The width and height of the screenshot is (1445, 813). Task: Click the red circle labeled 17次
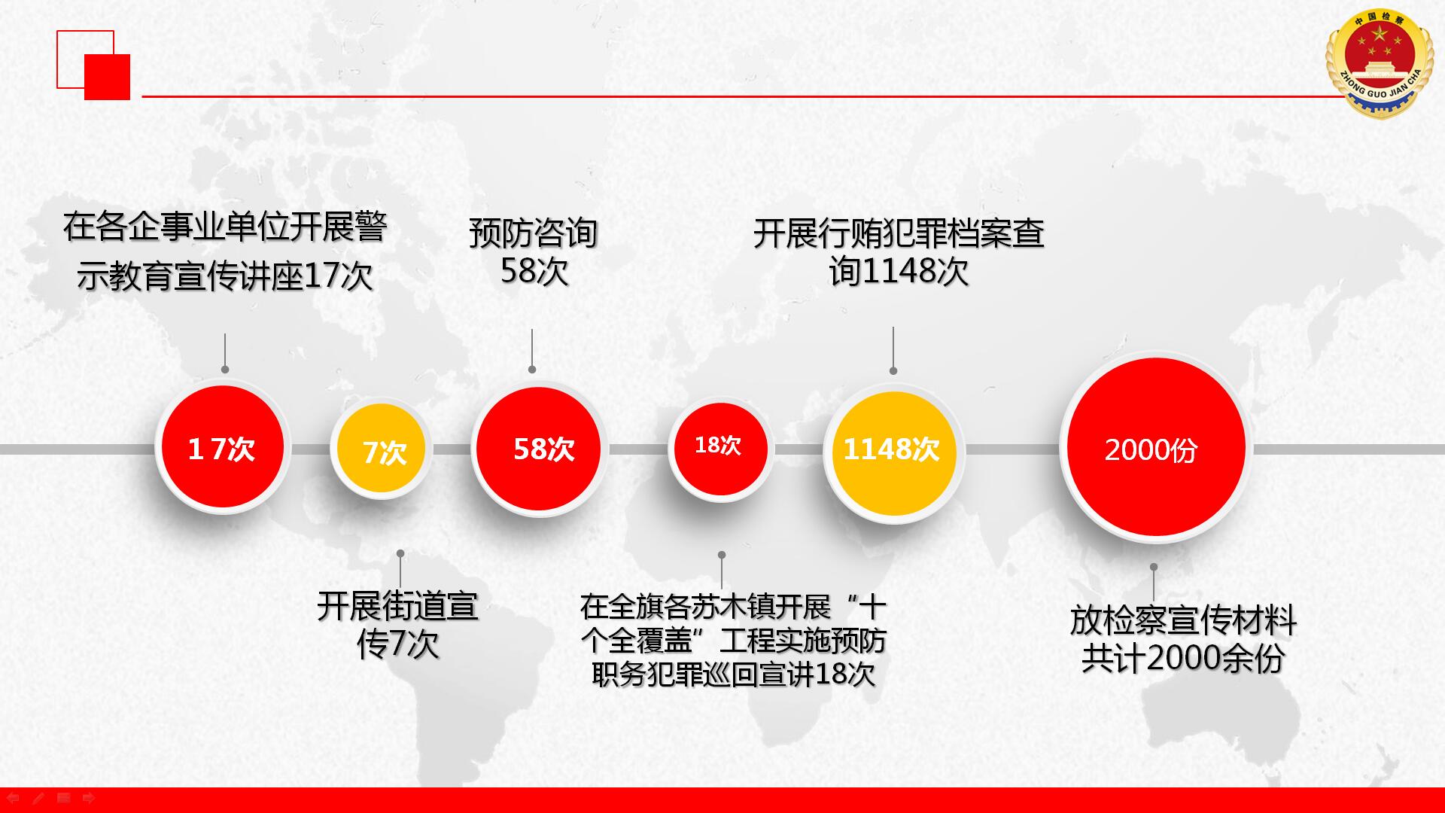[x=223, y=447]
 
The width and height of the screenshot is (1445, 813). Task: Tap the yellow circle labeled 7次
[x=382, y=450]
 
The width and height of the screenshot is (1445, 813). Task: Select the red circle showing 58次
[x=538, y=449]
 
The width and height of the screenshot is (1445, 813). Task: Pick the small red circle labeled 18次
[x=721, y=449]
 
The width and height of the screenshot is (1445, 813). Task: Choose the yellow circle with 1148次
[x=893, y=452]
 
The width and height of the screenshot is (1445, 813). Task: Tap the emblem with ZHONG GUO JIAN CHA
[x=1380, y=64]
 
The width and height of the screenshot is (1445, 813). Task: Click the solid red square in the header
[x=107, y=77]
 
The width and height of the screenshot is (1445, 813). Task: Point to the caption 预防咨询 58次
[x=534, y=252]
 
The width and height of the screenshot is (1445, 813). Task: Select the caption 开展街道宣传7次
[x=397, y=625]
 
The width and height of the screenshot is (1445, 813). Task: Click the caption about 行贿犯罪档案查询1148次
[x=899, y=252]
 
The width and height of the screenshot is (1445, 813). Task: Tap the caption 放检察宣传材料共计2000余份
[x=1183, y=639]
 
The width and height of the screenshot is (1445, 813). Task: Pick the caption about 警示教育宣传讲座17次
[x=225, y=251]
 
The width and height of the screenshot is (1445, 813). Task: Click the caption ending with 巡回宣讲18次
[x=733, y=640]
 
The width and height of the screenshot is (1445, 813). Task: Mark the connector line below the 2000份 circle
[x=1153, y=583]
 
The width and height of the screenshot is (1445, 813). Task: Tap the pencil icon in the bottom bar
[x=38, y=798]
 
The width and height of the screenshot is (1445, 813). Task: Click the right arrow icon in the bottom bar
[x=89, y=798]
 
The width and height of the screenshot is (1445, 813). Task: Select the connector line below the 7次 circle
[x=400, y=570]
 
